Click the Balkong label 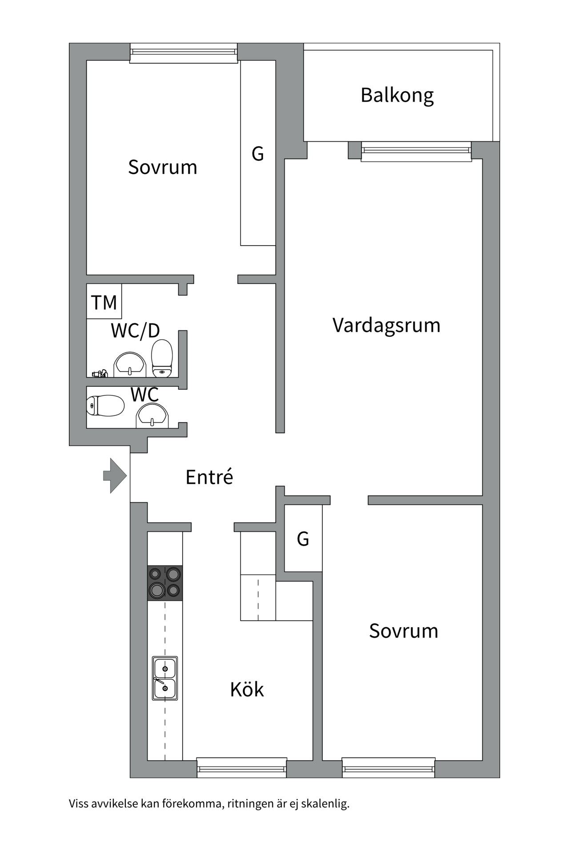397,96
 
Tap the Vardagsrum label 386,326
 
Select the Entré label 209,477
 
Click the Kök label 247,690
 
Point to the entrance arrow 115,476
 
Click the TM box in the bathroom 104,302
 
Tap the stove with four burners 165,583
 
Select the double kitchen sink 165,678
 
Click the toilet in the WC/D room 162,358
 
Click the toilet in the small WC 105,406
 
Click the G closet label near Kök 303,539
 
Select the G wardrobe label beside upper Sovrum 258,154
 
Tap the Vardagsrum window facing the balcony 416,151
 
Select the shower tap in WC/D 100,374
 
